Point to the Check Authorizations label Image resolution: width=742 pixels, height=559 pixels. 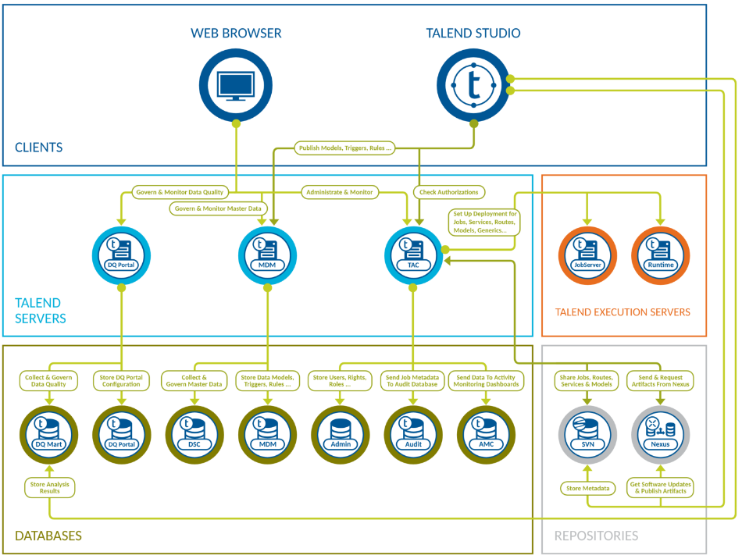coord(449,192)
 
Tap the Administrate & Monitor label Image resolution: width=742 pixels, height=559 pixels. coord(339,192)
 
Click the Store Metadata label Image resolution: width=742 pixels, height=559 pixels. coord(588,489)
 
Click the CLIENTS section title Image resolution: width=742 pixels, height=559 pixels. coord(38,148)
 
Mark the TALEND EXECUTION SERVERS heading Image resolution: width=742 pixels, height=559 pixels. coord(622,312)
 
